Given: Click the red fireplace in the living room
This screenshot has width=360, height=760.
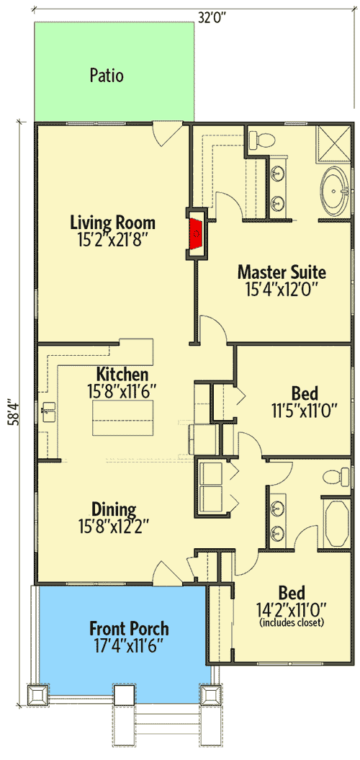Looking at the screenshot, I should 195,233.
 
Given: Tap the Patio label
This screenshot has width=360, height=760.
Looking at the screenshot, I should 107,75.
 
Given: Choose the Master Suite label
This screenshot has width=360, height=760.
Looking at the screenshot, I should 282,272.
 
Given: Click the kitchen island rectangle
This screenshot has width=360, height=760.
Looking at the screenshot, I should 122,419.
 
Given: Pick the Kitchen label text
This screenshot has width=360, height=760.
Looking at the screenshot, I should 122,375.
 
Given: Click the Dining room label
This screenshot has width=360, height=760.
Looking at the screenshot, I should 114,510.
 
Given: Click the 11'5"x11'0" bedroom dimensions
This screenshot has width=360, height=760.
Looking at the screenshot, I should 306,410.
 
